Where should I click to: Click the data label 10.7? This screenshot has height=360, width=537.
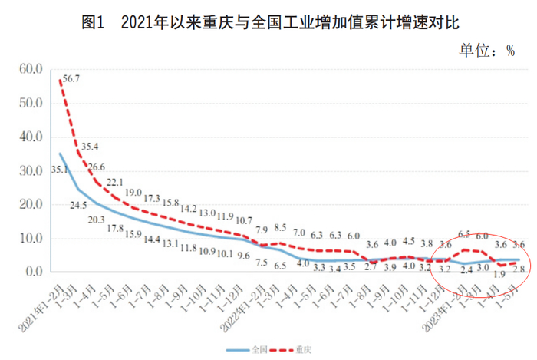[x=244, y=220]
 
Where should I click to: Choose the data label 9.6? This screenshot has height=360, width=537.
[x=244, y=255]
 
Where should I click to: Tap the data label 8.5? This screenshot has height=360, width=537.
[x=280, y=227]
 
